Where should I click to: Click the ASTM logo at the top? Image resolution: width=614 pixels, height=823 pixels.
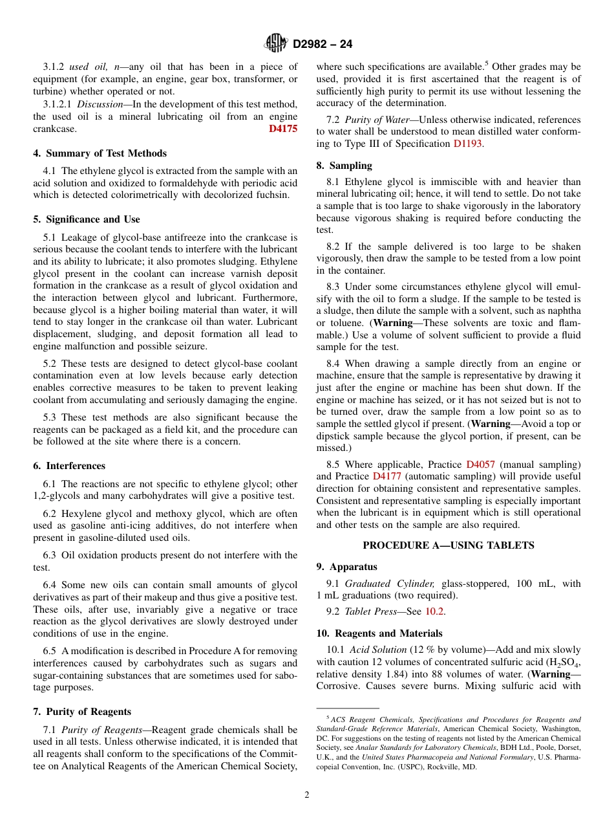click(x=276, y=43)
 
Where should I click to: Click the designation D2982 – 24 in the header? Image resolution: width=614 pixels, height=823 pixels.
click(x=323, y=44)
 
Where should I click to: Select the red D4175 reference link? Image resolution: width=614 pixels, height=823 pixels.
click(x=283, y=129)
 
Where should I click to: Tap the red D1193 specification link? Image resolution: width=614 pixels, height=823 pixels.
click(x=467, y=144)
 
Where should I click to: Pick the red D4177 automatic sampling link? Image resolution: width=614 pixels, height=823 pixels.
click(x=386, y=476)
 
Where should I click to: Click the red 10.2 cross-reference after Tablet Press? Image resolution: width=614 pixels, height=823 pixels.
click(x=434, y=611)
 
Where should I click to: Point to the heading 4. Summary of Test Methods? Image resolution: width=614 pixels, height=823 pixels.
click(x=100, y=153)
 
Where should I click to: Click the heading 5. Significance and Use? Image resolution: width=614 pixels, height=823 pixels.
click(x=87, y=219)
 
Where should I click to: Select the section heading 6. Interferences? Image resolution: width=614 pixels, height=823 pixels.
click(x=69, y=466)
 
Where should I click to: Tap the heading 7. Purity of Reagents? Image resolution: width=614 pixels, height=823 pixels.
click(x=82, y=712)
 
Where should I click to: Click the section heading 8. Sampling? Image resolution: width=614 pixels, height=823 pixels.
click(x=344, y=165)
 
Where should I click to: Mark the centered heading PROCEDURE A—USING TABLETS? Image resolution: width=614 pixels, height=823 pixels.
click(x=449, y=545)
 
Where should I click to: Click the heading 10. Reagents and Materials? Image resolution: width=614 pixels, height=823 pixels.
click(x=379, y=633)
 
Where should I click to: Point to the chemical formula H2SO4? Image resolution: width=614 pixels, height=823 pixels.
click(x=564, y=663)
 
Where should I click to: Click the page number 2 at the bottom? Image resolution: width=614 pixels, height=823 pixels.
click(x=307, y=795)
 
